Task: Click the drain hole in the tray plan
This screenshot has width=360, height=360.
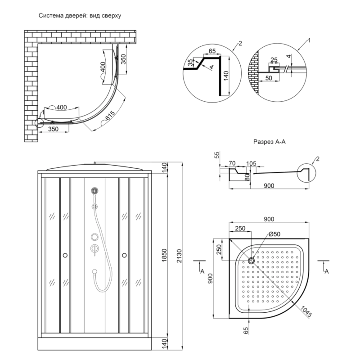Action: [x=251, y=261]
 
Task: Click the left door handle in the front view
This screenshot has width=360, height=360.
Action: [x=66, y=255]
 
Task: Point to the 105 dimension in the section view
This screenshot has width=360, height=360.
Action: [x=252, y=163]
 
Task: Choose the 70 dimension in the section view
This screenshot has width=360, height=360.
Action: [x=232, y=163]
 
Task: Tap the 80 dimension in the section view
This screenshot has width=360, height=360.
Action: [x=247, y=177]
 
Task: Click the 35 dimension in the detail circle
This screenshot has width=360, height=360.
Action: [x=190, y=62]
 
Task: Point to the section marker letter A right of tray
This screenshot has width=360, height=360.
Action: [x=326, y=272]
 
